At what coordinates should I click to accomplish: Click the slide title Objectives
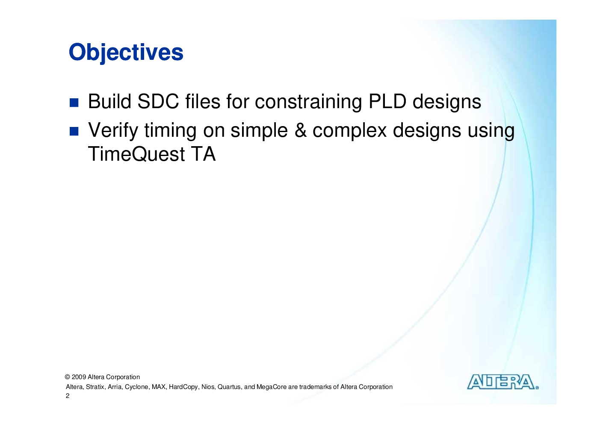tap(126, 53)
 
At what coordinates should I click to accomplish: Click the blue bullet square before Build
tap(74, 103)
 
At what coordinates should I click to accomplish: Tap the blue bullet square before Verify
tap(74, 131)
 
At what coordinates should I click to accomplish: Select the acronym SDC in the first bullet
tap(158, 102)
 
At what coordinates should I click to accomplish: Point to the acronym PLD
tap(387, 102)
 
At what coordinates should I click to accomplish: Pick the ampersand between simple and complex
tap(300, 131)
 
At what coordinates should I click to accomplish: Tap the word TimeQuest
tap(136, 154)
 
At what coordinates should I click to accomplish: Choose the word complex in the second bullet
tap(349, 131)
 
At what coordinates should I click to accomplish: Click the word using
tap(491, 131)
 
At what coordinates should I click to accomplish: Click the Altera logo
tap(503, 382)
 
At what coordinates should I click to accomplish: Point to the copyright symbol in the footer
tap(67, 377)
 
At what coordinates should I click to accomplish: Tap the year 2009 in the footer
tap(79, 377)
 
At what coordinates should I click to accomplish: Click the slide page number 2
tap(68, 396)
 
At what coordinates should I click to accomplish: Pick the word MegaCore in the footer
tap(271, 387)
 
